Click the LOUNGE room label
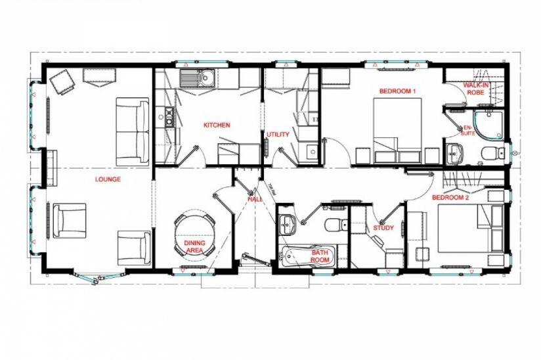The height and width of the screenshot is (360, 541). [x=107, y=179]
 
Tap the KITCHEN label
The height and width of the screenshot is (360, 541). [x=217, y=125]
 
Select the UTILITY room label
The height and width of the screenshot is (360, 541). [x=278, y=135]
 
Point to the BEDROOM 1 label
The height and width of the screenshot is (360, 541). [x=398, y=91]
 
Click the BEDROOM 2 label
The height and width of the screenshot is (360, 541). [x=450, y=197]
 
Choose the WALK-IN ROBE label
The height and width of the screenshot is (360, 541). [x=475, y=89]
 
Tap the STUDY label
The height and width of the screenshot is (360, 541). [x=383, y=228]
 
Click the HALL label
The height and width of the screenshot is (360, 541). [x=255, y=198]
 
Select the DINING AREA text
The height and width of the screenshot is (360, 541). [x=194, y=246]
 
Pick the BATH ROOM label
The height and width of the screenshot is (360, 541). [x=320, y=256]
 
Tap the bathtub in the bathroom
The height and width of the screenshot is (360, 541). [x=307, y=256]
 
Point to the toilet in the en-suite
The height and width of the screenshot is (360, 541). [x=489, y=154]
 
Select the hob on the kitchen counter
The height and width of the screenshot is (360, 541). [x=168, y=118]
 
